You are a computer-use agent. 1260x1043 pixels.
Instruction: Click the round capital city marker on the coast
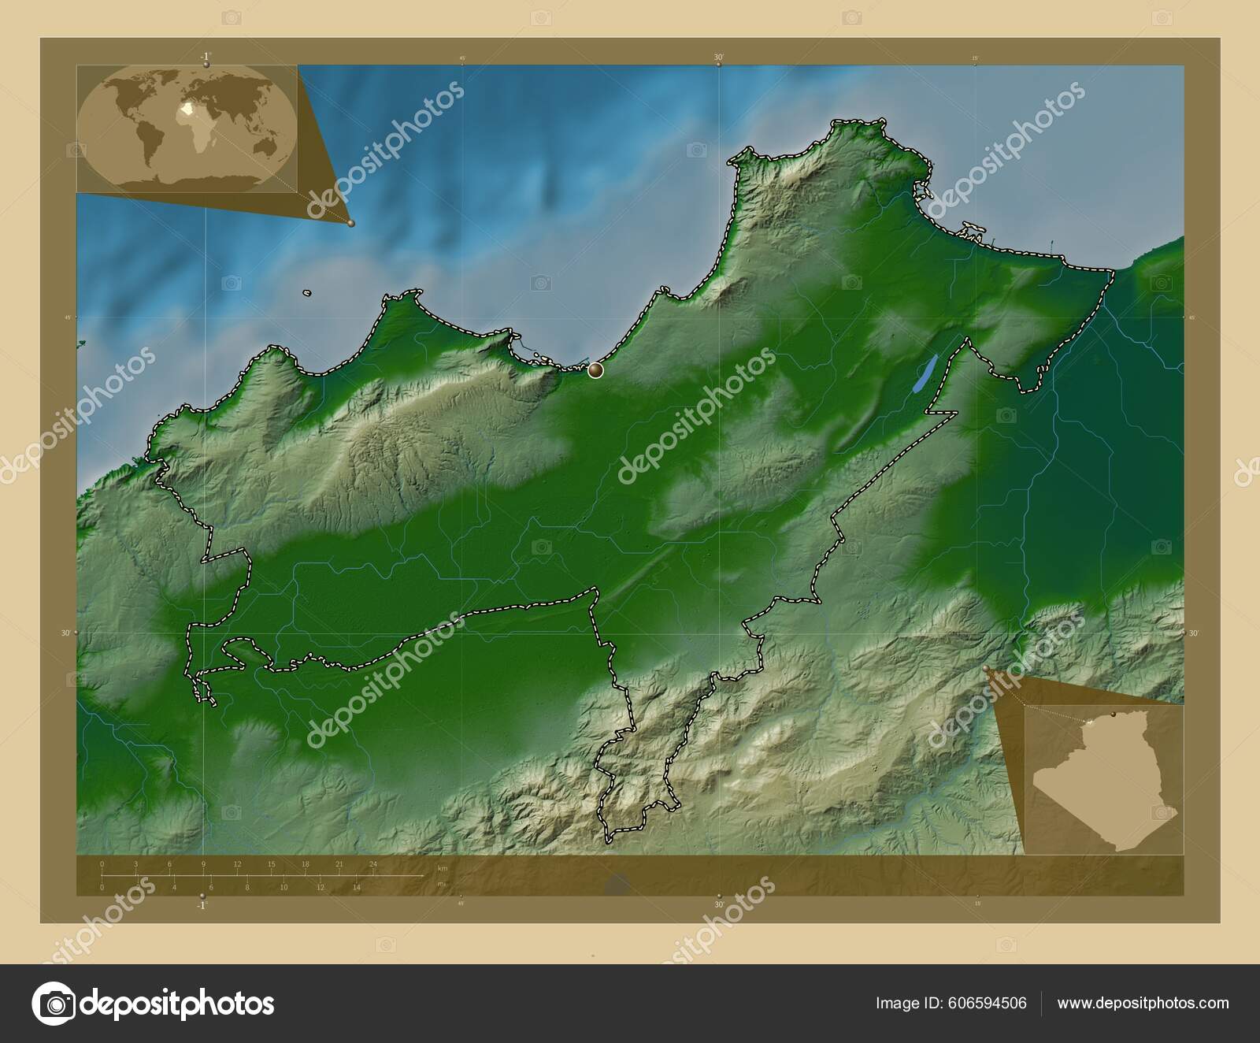595,369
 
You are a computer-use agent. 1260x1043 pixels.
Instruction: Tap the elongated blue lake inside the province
924,374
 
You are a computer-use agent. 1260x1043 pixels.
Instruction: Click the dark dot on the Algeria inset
1113,714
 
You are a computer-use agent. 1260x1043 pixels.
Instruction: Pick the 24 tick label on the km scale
373,864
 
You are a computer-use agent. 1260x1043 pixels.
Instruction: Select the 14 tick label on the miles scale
357,887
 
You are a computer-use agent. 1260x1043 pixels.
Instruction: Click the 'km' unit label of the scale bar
443,868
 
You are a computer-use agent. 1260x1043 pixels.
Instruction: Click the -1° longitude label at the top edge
205,57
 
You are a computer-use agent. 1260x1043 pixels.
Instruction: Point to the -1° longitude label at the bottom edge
202,906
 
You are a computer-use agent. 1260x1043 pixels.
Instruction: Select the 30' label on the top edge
719,58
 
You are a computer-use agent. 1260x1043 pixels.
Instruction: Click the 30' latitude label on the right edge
1193,633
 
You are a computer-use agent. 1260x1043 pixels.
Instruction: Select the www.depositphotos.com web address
1143,1003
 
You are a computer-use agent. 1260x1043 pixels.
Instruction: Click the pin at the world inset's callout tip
350,224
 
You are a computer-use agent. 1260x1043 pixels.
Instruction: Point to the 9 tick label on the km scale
204,864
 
